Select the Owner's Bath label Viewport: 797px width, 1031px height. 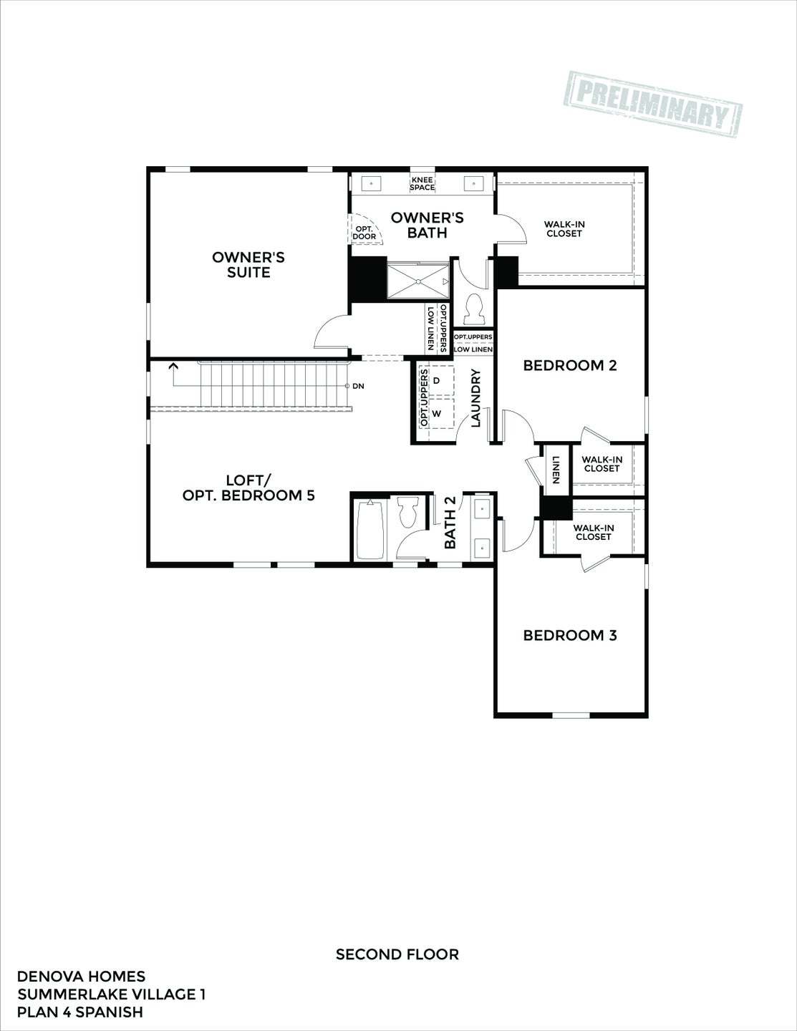[427, 225]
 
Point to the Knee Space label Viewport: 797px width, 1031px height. [422, 183]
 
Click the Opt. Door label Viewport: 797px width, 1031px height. [364, 232]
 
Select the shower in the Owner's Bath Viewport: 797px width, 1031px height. [418, 280]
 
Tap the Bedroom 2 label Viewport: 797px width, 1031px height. [569, 365]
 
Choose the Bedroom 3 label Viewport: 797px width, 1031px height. [569, 635]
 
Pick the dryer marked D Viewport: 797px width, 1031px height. [437, 379]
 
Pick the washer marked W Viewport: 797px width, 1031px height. [437, 414]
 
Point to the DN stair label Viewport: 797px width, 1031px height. [358, 386]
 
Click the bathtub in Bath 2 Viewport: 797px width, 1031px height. [370, 530]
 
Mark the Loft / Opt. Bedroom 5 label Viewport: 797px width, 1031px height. [248, 488]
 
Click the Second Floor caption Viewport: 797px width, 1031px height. [397, 954]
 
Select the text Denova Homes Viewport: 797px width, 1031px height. [81, 977]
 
